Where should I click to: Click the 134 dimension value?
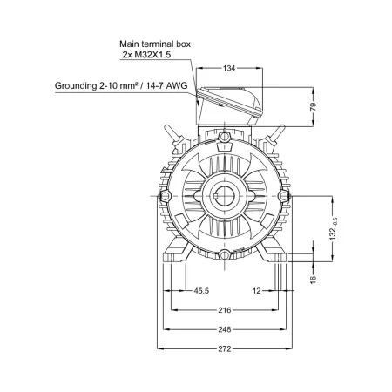(x=229, y=68)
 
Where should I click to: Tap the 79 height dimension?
(x=313, y=106)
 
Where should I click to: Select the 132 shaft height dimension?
(x=333, y=229)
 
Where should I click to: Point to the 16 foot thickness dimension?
(x=313, y=280)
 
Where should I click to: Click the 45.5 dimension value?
(x=201, y=291)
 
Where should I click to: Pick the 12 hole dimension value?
(x=257, y=291)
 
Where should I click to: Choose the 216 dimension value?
(x=225, y=310)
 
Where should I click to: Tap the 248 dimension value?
(x=225, y=329)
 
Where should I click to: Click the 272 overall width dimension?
(x=225, y=349)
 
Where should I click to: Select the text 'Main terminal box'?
(x=155, y=44)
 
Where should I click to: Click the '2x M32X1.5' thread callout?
(x=146, y=55)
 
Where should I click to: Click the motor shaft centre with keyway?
(x=225, y=196)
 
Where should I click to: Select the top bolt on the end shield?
(x=225, y=136)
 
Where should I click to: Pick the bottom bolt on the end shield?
(x=225, y=255)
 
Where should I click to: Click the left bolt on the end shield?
(x=165, y=196)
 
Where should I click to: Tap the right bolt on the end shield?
(x=284, y=196)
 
